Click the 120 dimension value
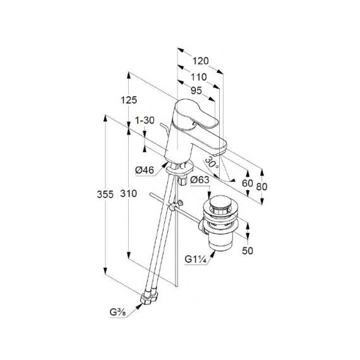tap(200, 61)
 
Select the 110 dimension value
tap(199, 77)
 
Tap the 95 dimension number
tap(196, 91)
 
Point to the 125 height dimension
tap(129, 100)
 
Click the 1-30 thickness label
tap(145, 120)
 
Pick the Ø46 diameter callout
tap(145, 170)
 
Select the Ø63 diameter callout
tap(200, 179)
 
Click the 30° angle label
tap(211, 163)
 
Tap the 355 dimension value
tap(105, 195)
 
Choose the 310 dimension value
tap(129, 193)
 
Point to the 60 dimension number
tap(248, 183)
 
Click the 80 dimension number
tap(261, 186)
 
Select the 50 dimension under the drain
tap(248, 251)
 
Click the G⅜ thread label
tap(117, 312)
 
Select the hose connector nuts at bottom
tap(149, 298)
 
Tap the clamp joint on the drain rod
tap(172, 208)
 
